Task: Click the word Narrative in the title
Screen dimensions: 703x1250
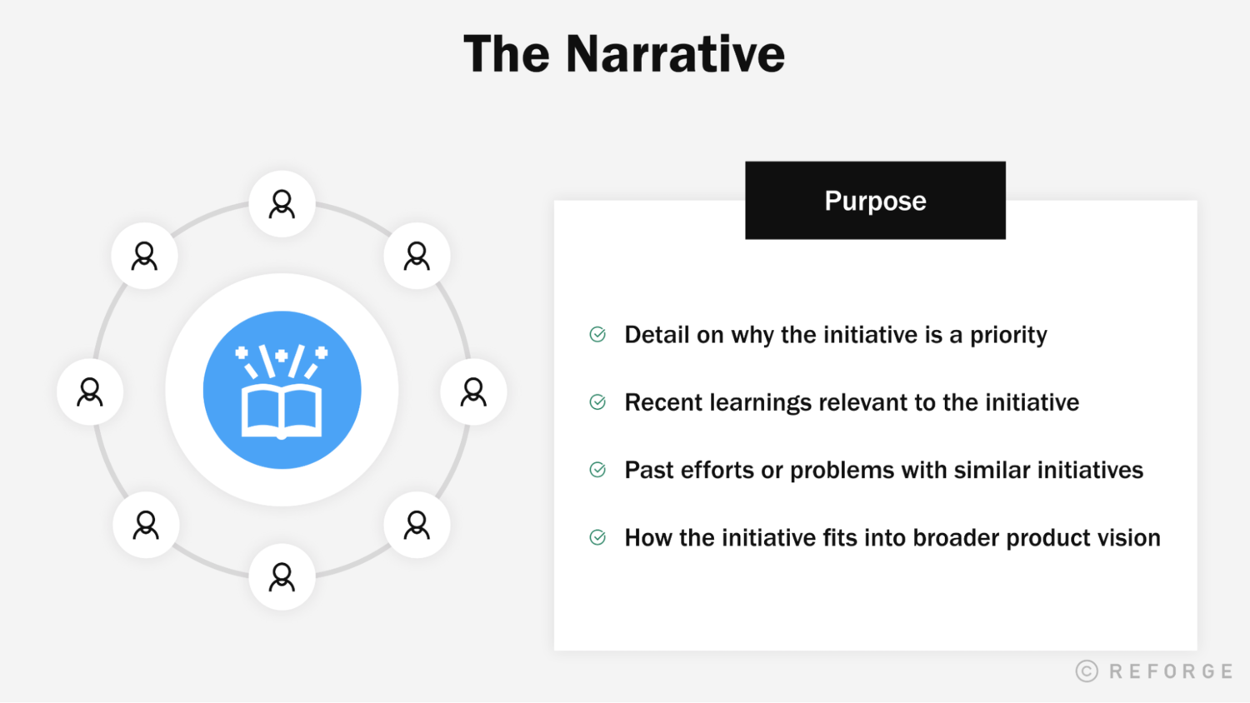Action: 675,54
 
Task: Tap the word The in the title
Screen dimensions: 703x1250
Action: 506,54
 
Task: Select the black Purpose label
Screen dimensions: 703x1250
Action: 875,201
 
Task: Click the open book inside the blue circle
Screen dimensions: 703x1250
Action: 282,408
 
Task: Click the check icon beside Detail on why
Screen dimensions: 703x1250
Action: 597,335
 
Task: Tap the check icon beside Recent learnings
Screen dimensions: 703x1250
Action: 597,402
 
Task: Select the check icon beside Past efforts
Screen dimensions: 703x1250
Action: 597,470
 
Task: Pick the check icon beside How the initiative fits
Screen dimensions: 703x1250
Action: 597,537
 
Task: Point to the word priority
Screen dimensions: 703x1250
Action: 1008,336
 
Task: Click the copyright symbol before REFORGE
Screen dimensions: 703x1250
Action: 1087,671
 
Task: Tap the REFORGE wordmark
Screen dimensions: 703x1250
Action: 1171,671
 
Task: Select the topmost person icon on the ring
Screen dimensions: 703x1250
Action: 282,204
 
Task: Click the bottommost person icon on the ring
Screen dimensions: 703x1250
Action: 282,576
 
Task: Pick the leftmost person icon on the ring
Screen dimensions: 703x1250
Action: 90,391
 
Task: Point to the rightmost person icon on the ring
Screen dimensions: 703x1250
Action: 473,391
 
